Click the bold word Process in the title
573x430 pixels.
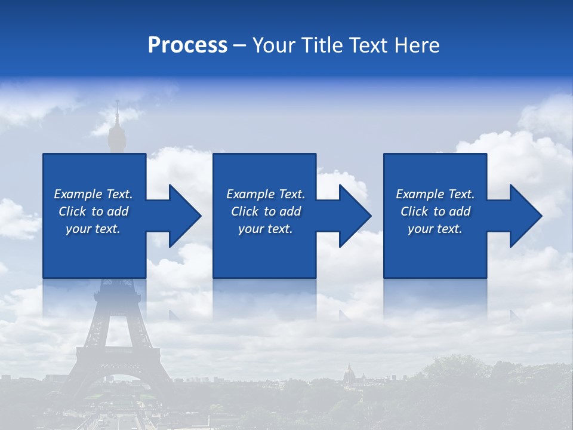187,45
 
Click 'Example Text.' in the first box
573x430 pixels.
93,194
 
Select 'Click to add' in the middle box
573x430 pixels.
266,211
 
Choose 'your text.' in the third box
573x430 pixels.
435,229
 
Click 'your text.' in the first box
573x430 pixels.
93,229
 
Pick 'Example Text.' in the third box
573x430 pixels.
435,194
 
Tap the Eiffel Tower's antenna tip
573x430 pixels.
117,103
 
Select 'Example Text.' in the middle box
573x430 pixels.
266,194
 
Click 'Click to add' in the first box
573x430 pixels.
93,211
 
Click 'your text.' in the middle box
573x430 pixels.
266,229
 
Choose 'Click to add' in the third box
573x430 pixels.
435,211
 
